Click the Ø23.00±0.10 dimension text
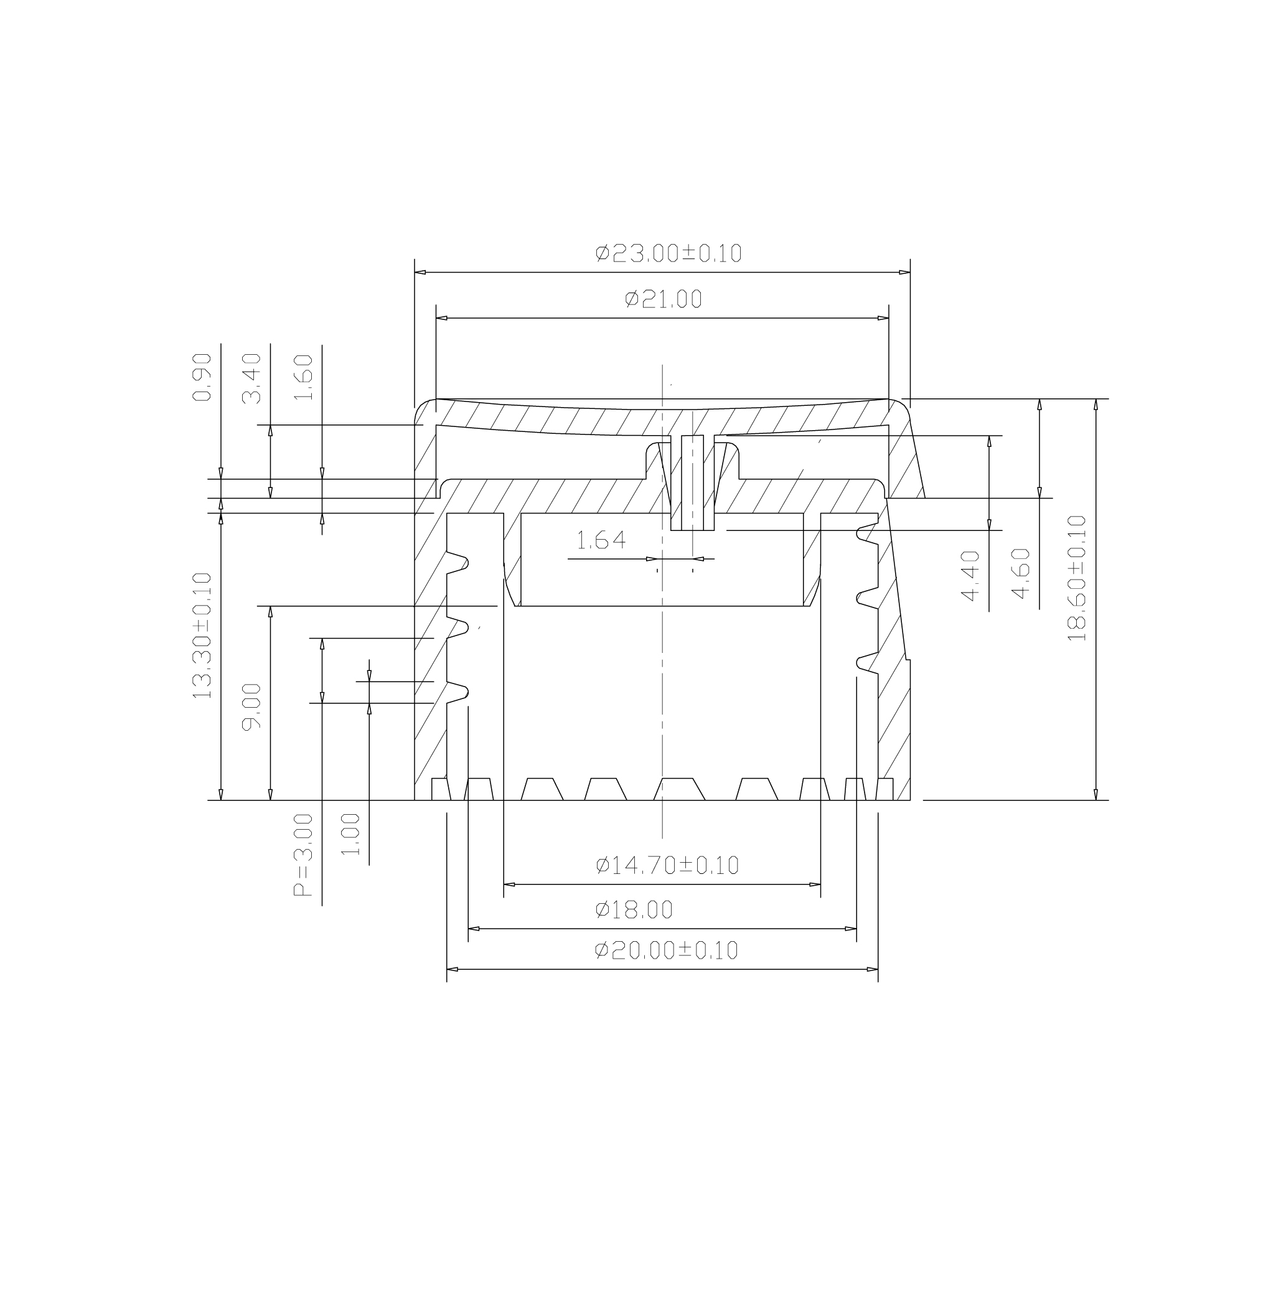668,253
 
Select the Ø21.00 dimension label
663,298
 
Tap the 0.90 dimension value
202,377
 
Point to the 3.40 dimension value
251,379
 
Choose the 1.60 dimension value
303,377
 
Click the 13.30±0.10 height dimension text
202,636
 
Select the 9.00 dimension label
251,706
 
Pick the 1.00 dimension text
350,834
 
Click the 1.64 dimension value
601,540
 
